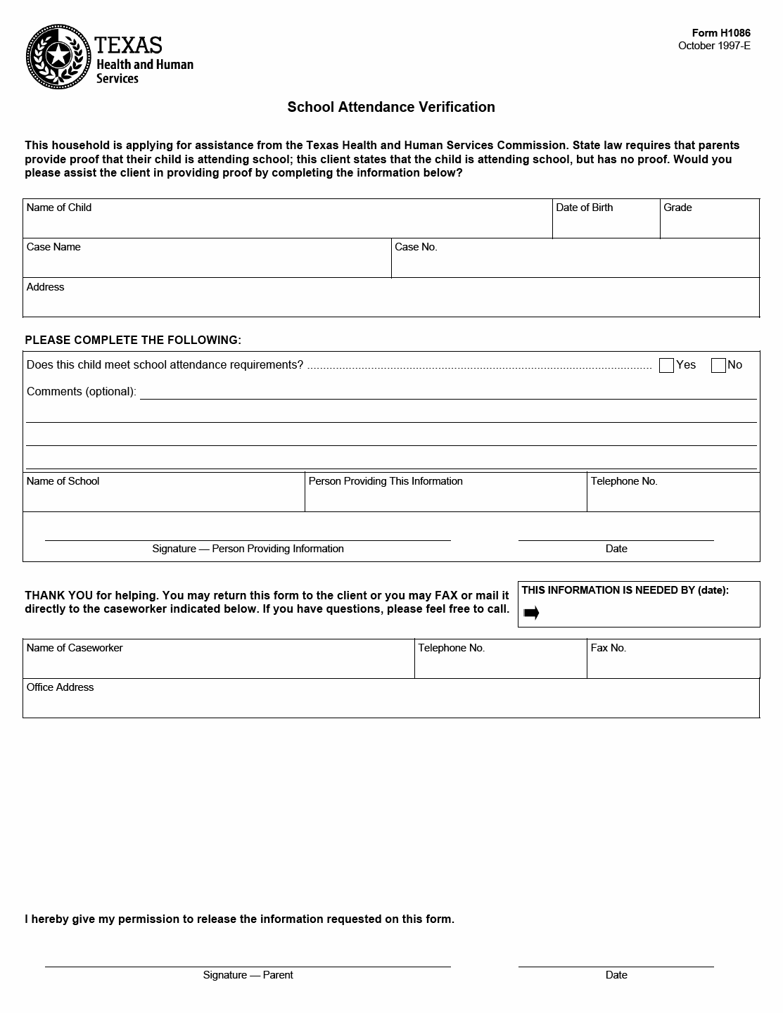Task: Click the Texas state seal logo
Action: pyautogui.click(x=59, y=56)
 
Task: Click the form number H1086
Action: pyautogui.click(x=721, y=33)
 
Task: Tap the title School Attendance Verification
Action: pyautogui.click(x=390, y=107)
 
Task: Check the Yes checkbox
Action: pyautogui.click(x=666, y=365)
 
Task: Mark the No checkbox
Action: pyautogui.click(x=718, y=365)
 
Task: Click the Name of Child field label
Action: pyautogui.click(x=59, y=208)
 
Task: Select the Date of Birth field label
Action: pyautogui.click(x=584, y=208)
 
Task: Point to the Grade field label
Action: pyautogui.click(x=677, y=208)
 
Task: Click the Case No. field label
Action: pyautogui.click(x=416, y=247)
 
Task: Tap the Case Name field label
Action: pyautogui.click(x=53, y=247)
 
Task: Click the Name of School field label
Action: pyautogui.click(x=63, y=481)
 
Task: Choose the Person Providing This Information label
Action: pyautogui.click(x=386, y=481)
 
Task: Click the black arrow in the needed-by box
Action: pyautogui.click(x=531, y=613)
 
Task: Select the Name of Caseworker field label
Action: pyautogui.click(x=75, y=648)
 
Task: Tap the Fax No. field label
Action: pyautogui.click(x=608, y=648)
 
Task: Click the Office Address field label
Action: pyautogui.click(x=60, y=687)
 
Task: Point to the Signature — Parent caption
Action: pyautogui.click(x=248, y=975)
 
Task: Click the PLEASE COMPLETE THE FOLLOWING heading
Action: pyautogui.click(x=133, y=340)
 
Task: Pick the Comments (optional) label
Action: pyautogui.click(x=82, y=391)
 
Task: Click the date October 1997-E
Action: pyautogui.click(x=714, y=46)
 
